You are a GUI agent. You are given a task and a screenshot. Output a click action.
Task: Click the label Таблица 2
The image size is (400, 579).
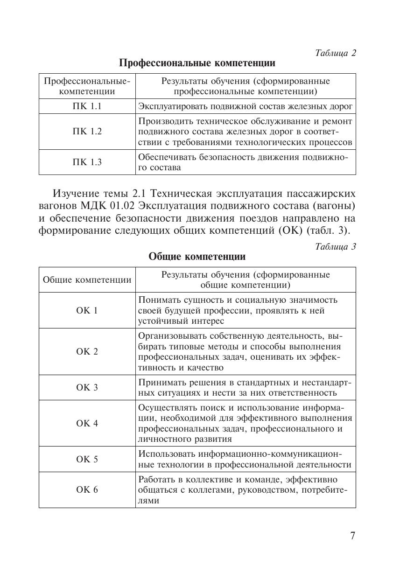coord(336,53)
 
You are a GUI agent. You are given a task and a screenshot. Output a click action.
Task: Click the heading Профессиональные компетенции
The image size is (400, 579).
coord(197,63)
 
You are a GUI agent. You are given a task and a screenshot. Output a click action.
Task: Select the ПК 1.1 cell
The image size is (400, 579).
coord(87,106)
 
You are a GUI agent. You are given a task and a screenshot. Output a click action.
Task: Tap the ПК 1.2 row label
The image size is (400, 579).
coord(87,132)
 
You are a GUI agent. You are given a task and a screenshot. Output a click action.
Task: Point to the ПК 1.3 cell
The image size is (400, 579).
coord(87,162)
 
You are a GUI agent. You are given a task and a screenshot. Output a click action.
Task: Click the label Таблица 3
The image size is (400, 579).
coord(336,247)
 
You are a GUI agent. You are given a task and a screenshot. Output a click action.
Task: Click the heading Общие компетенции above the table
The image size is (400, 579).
coord(197,257)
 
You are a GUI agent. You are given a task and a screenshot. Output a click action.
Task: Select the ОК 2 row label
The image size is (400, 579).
coord(87,352)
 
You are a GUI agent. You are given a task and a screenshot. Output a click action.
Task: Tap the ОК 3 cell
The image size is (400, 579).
coord(87,388)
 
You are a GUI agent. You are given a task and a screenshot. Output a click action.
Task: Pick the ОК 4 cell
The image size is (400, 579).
coord(87,424)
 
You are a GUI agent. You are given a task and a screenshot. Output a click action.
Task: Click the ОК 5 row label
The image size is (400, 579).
coord(87,460)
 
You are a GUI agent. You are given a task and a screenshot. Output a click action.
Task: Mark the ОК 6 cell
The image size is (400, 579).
coord(87,490)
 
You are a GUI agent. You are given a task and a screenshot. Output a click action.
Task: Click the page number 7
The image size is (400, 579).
coord(352,536)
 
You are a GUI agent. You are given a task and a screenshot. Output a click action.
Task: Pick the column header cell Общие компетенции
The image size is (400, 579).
coord(87,280)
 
